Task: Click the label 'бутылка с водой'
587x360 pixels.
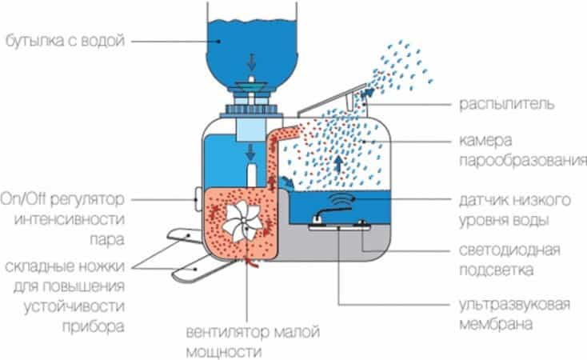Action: click(64, 40)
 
